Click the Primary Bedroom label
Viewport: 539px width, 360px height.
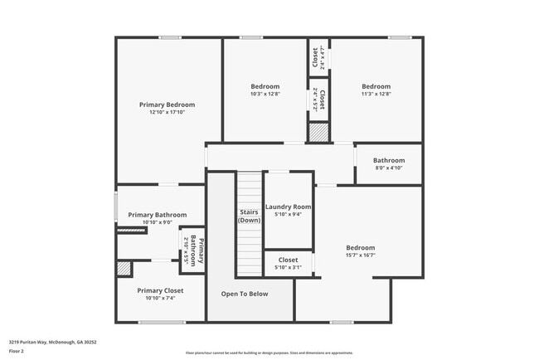(167, 105)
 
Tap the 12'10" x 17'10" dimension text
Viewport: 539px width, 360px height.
(167, 113)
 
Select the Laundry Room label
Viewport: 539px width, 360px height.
(288, 207)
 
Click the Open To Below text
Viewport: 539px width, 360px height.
(244, 294)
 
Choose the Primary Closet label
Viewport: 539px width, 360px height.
(160, 290)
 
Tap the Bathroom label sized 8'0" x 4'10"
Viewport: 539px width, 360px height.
(388, 160)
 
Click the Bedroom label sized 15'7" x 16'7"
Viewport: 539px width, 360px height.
(360, 247)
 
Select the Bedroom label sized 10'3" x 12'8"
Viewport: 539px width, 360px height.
(265, 86)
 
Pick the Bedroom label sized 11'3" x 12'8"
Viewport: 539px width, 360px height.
(376, 86)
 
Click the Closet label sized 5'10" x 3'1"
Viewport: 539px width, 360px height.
(288, 260)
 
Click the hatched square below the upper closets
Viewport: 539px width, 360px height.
(318, 132)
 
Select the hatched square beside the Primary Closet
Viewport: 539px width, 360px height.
(124, 268)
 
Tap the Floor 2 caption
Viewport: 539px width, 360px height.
(17, 351)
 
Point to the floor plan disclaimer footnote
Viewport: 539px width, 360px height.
(269, 352)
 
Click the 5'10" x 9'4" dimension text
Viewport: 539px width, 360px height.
(288, 214)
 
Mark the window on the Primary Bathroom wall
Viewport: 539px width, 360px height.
(115, 207)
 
